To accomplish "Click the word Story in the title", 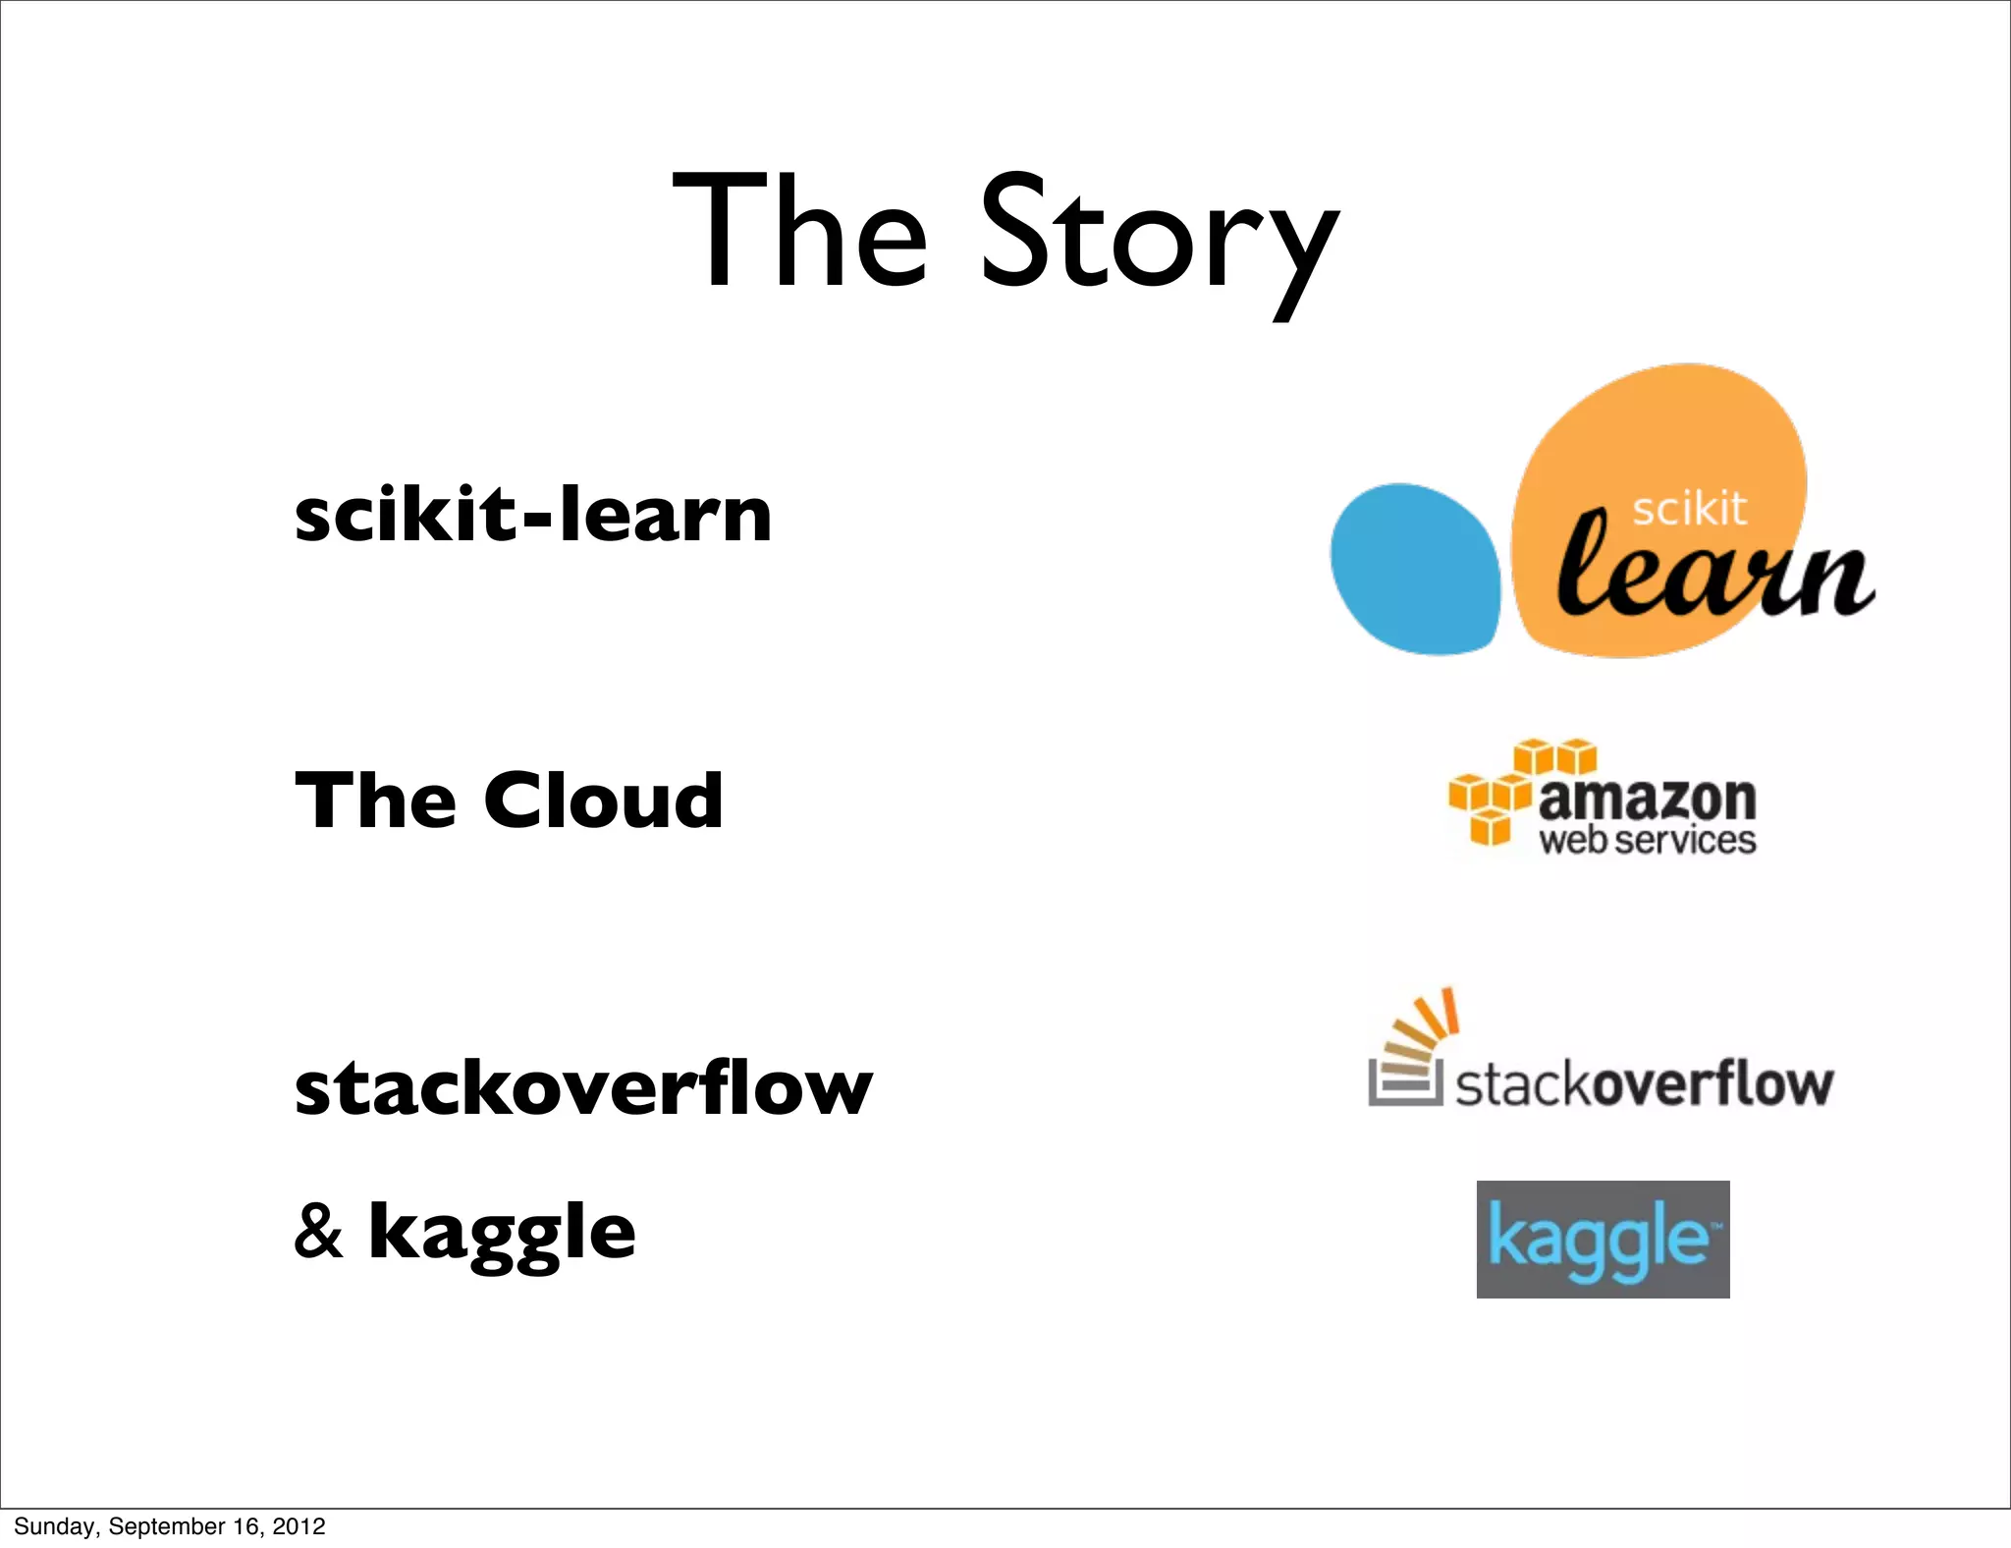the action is pos(1159,236).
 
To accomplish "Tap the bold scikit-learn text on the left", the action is pos(533,515).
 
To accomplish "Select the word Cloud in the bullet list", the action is pos(603,800).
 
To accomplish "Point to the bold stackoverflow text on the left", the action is pos(583,1088).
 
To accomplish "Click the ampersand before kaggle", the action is pos(319,1232).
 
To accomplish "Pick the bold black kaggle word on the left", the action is pos(502,1234).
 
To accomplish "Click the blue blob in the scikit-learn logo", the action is pos(1415,568).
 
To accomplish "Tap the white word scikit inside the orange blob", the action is pos(1689,509).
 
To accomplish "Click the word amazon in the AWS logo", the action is pos(1647,799).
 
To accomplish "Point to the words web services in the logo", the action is pos(1647,841).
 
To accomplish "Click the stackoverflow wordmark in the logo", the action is pos(1643,1084).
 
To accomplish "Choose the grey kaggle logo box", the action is pos(1603,1239).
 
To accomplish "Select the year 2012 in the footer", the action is pos(299,1526).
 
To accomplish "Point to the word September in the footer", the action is pos(168,1526).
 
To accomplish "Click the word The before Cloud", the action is pos(376,800).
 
